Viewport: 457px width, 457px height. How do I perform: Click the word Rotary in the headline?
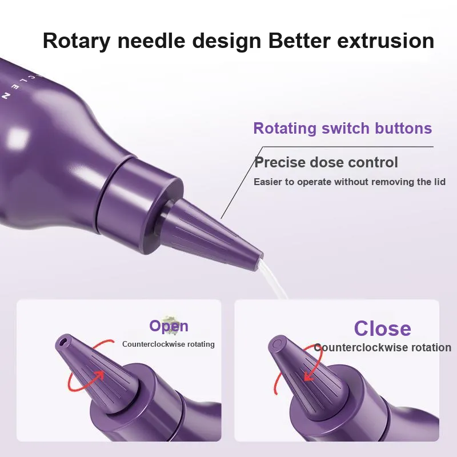point(77,41)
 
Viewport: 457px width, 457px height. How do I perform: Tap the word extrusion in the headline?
point(386,41)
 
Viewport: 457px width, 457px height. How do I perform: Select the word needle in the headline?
point(151,40)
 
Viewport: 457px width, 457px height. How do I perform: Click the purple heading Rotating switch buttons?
point(342,128)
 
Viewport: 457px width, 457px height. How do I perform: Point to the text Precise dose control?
point(326,162)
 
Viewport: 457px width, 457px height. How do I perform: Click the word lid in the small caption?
point(439,182)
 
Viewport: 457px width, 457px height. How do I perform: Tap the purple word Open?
point(169,326)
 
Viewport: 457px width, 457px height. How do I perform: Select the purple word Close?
point(382,328)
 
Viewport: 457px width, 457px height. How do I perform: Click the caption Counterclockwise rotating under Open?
point(169,344)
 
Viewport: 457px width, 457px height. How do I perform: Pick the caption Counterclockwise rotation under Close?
point(382,347)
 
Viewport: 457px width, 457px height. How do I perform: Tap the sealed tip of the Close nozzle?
point(276,344)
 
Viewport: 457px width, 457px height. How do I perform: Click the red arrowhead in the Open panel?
point(99,375)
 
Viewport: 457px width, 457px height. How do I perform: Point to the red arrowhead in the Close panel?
point(308,376)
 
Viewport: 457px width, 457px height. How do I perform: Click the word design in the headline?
point(226,41)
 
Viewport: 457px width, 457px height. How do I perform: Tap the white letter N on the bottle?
point(6,95)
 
